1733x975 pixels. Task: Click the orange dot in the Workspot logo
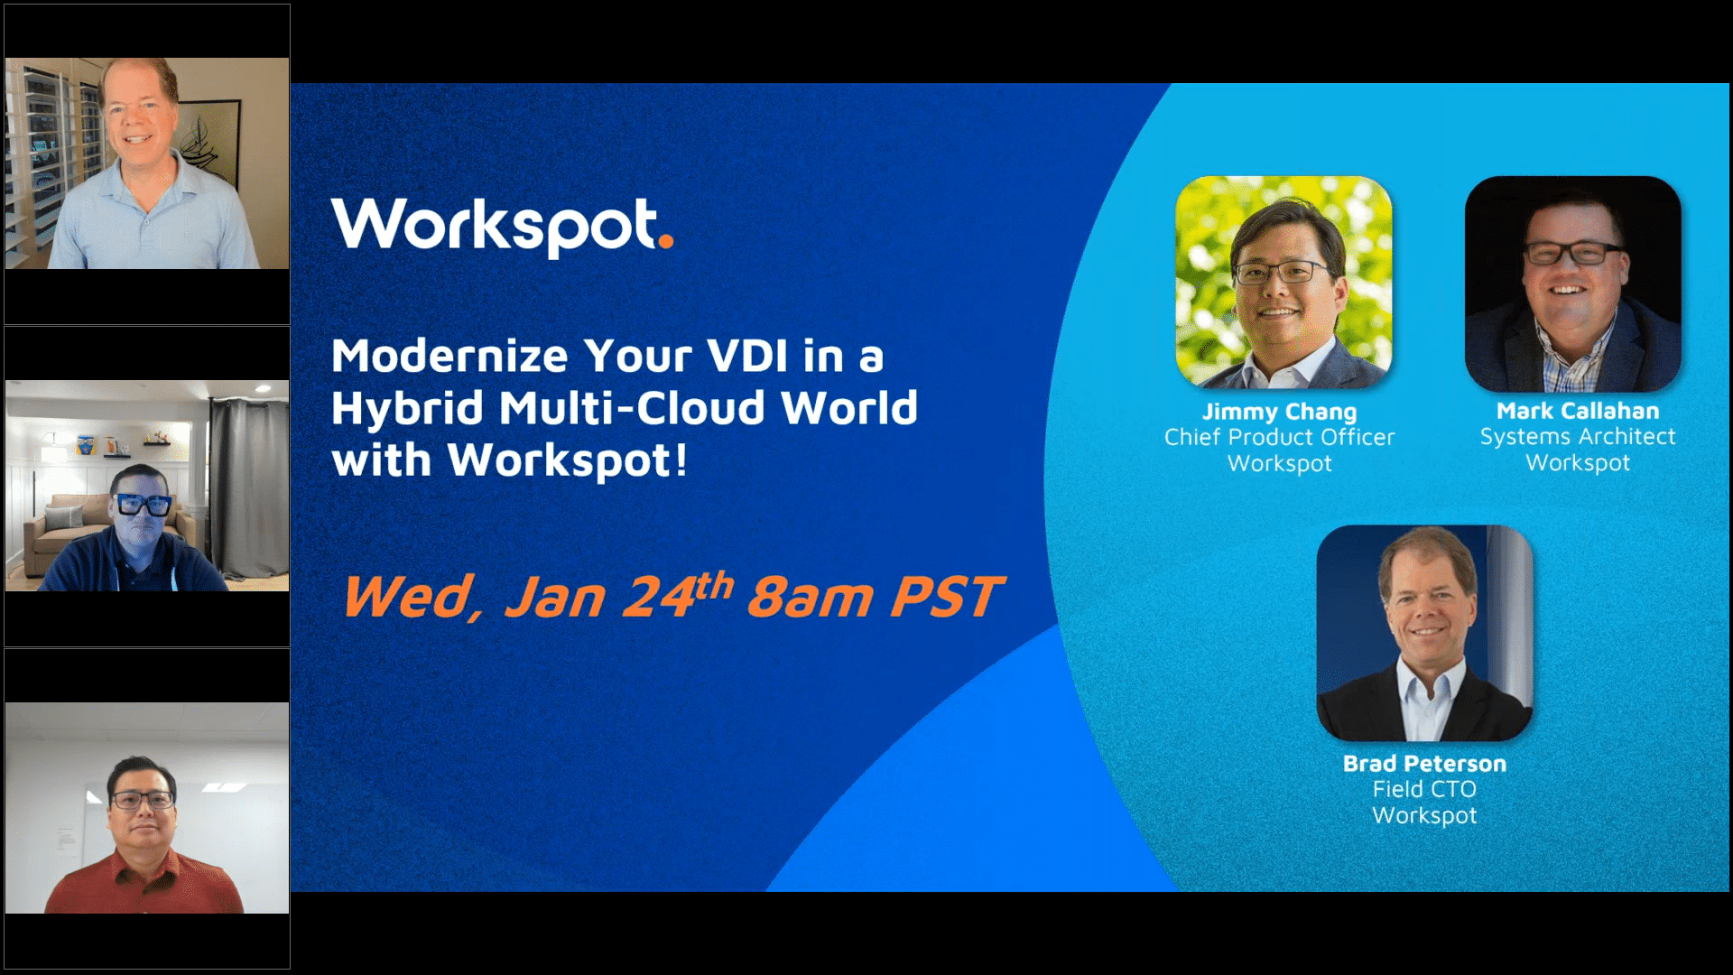pyautogui.click(x=666, y=240)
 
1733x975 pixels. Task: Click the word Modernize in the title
pyautogui.click(x=449, y=356)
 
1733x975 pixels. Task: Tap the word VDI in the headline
pyautogui.click(x=736, y=356)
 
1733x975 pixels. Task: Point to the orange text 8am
pyautogui.click(x=810, y=598)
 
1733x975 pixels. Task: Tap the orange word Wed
pyautogui.click(x=411, y=598)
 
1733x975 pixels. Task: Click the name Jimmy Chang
pyautogui.click(x=1279, y=412)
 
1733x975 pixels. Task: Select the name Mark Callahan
pyautogui.click(x=1577, y=411)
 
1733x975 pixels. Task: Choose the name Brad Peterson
pyautogui.click(x=1424, y=763)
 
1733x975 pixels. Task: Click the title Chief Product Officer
pyautogui.click(x=1279, y=437)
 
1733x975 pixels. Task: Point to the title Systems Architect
pyautogui.click(x=1577, y=436)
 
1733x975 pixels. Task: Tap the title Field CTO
pyautogui.click(x=1424, y=789)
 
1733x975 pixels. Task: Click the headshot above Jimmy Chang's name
pyautogui.click(x=1283, y=283)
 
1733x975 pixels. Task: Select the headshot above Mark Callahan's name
pyautogui.click(x=1572, y=283)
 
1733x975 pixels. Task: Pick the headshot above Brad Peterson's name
pyautogui.click(x=1424, y=633)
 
